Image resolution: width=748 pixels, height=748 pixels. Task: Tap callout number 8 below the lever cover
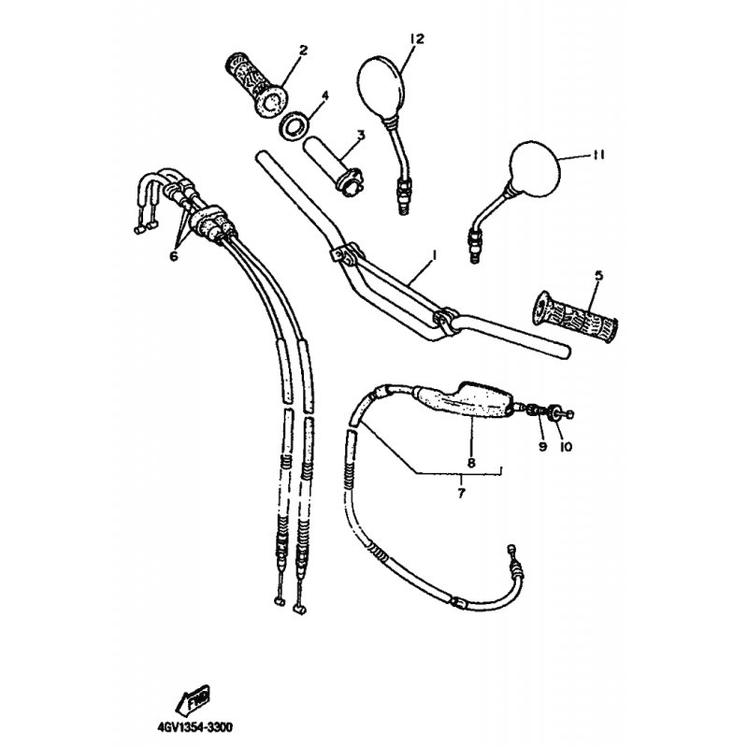pyautogui.click(x=471, y=461)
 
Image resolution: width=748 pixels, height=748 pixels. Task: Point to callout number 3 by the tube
pyautogui.click(x=361, y=134)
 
